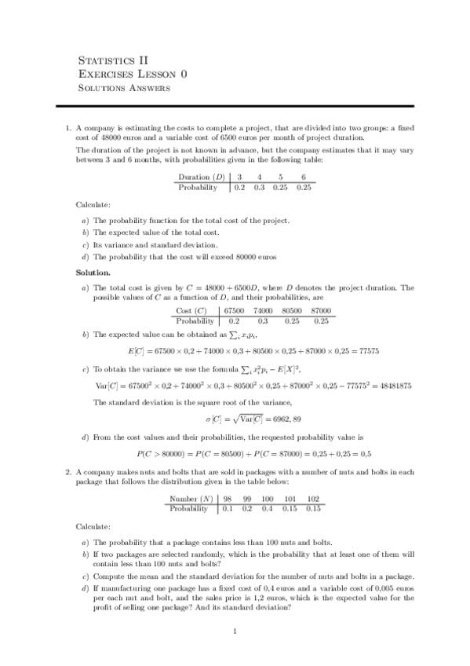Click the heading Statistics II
(113, 60)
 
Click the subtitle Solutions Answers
(124, 88)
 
